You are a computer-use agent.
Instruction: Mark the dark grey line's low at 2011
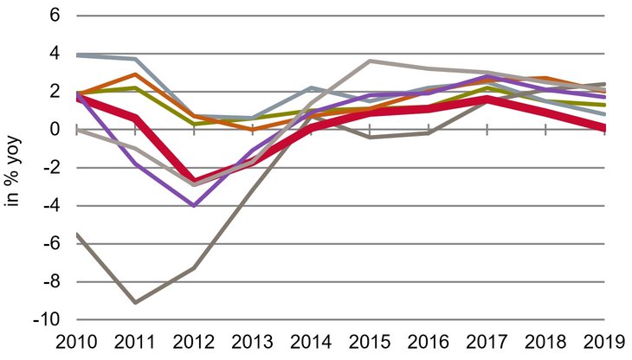point(134,302)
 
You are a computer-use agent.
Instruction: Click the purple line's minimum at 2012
point(193,206)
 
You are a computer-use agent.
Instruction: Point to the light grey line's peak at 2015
point(370,61)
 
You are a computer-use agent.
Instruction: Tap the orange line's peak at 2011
point(134,74)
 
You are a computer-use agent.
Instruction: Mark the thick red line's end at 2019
point(603,128)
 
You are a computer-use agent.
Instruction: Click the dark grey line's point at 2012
point(193,267)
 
